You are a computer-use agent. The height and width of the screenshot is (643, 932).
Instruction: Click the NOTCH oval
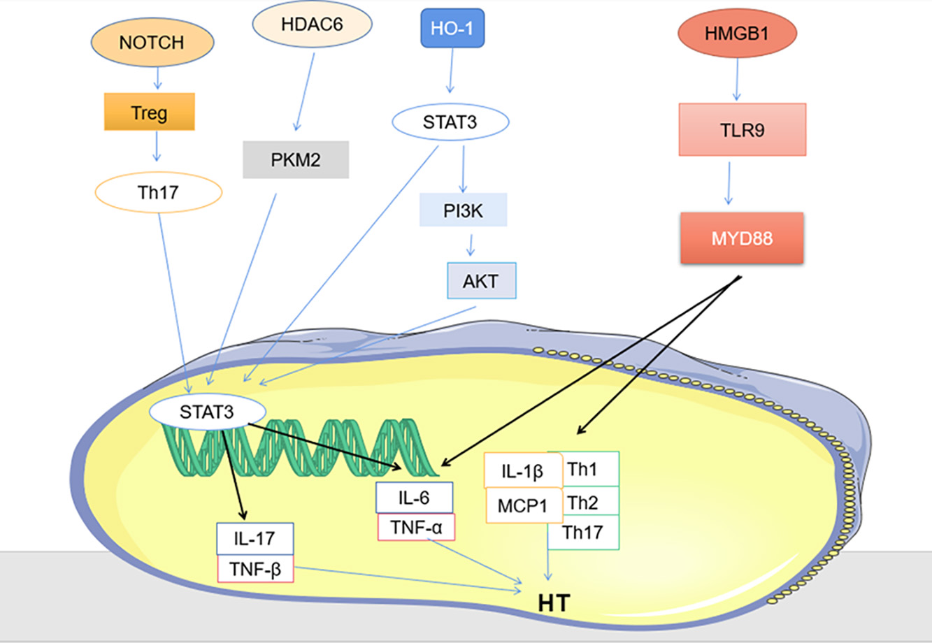click(151, 42)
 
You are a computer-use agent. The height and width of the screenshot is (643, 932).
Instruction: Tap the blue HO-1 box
click(452, 29)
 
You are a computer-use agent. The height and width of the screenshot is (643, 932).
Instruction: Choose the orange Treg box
click(149, 112)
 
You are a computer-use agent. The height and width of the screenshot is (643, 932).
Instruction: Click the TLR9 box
click(743, 129)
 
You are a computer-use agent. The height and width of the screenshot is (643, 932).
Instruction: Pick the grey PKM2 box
click(296, 160)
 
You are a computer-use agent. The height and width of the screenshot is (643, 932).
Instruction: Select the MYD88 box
click(742, 238)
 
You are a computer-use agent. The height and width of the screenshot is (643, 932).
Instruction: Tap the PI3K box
click(463, 210)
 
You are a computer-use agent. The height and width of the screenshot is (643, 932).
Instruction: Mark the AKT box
click(481, 281)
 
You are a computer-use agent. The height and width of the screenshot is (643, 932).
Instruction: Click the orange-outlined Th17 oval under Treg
click(159, 192)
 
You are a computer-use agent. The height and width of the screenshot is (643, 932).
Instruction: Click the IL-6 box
click(414, 498)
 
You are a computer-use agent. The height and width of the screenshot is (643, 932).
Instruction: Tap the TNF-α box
click(416, 526)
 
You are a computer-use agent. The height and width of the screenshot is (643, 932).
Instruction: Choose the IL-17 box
click(254, 539)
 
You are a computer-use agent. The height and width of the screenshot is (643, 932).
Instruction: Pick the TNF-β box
click(255, 569)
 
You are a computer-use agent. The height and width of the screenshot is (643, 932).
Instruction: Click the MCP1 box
click(524, 505)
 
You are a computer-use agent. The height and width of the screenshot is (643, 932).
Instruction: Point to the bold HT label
click(554, 603)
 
